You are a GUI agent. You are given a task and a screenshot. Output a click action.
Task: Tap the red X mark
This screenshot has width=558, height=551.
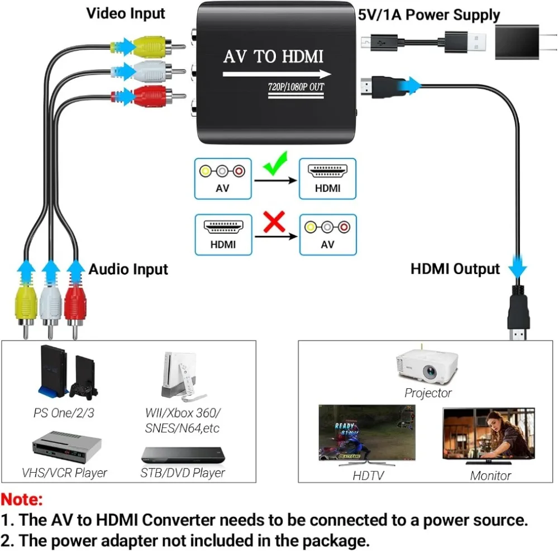pyautogui.click(x=274, y=224)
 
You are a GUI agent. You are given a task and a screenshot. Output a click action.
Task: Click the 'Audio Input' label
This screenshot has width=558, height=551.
pyautogui.click(x=128, y=269)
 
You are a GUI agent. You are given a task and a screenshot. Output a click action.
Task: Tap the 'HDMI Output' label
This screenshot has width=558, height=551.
pyautogui.click(x=455, y=269)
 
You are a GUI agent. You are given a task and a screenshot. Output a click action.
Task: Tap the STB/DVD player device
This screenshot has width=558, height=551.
pyautogui.click(x=183, y=454)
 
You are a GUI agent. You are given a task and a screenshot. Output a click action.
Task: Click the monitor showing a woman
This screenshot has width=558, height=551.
pyautogui.click(x=488, y=434)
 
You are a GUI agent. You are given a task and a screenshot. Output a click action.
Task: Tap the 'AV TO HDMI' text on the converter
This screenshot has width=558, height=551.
pyautogui.click(x=273, y=57)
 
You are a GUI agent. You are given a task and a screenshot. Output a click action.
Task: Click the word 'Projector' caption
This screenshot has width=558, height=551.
pyautogui.click(x=428, y=393)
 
